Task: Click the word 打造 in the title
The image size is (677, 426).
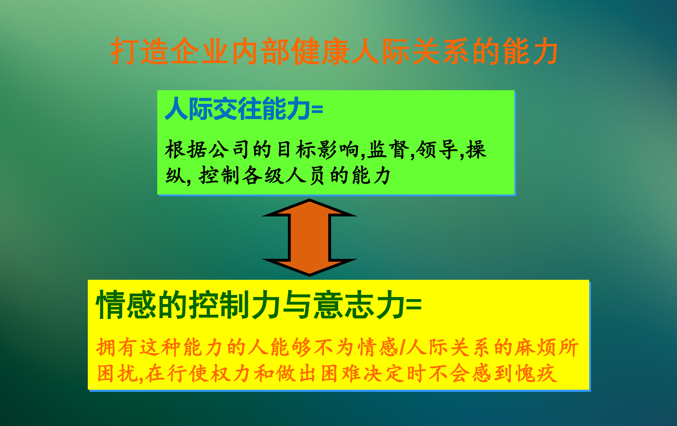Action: point(140,51)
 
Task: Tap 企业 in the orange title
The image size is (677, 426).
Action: point(201,51)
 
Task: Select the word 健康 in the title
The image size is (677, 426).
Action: point(321,51)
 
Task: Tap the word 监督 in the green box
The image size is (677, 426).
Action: point(388,149)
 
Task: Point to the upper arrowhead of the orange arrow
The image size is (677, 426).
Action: point(310,208)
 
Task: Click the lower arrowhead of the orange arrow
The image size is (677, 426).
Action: point(310,268)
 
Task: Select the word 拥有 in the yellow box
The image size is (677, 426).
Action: point(116,347)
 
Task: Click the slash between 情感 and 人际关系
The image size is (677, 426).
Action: point(402,347)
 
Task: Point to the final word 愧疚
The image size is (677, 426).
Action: point(536,373)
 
